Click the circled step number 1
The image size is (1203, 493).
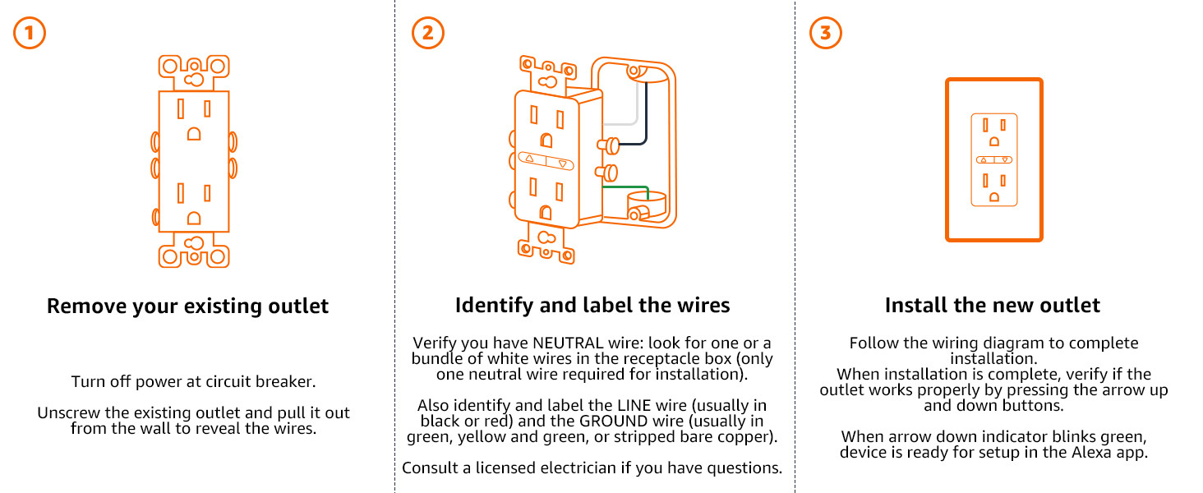tap(30, 34)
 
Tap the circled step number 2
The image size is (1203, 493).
tap(428, 34)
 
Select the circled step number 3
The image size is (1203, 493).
tap(826, 34)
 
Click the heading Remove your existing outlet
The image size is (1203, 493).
tap(187, 306)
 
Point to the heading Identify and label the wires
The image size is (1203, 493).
tap(592, 306)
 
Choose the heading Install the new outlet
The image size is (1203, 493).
tap(992, 306)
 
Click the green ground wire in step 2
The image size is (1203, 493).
tap(633, 187)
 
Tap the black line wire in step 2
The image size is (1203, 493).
tap(646, 115)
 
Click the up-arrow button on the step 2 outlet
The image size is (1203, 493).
tap(530, 159)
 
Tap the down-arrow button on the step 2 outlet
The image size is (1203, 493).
tap(562, 164)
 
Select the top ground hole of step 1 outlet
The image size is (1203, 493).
tap(194, 133)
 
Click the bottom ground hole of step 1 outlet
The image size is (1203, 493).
tap(194, 218)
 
